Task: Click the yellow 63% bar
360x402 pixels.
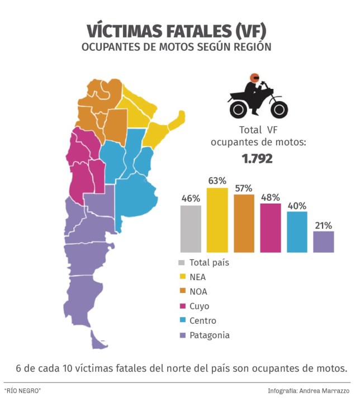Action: tap(217, 220)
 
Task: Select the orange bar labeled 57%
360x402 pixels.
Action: tap(244, 223)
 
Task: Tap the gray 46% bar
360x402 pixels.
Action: tap(191, 229)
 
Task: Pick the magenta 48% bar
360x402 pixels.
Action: tap(271, 228)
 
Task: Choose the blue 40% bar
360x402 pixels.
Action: tap(297, 231)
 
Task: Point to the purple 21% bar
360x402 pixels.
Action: tap(324, 242)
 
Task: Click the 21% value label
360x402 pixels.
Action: tap(323, 225)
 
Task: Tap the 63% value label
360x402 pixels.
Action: tap(217, 181)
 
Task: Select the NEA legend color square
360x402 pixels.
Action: tap(182, 277)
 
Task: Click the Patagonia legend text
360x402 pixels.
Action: tap(210, 335)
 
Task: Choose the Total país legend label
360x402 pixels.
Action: tap(210, 262)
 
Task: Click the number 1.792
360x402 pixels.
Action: tap(257, 159)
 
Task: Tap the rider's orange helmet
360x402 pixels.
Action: tap(254, 78)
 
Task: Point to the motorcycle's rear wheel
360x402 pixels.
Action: tap(238, 107)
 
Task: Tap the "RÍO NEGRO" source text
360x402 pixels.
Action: tap(23, 390)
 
